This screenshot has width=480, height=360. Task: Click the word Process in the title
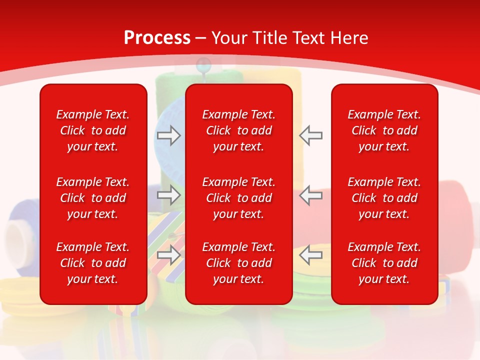pos(157,38)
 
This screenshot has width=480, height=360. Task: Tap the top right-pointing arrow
pos(169,135)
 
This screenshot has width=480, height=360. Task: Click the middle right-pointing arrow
pos(169,195)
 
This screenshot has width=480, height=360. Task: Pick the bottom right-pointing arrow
pos(169,254)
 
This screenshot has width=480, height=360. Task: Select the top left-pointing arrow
pos(311,135)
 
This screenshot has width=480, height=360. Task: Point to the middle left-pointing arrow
pos(311,195)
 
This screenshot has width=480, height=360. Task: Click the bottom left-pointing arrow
pos(311,254)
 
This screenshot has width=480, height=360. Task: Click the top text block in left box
pos(93,130)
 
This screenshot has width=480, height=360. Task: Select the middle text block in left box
pos(93,198)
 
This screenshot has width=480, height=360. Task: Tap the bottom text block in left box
pos(93,263)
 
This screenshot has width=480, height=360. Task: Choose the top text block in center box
pos(238,130)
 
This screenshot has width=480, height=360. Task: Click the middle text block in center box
pos(238,198)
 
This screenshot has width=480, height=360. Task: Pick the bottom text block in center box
pos(238,263)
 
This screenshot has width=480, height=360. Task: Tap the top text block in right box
pos(384,130)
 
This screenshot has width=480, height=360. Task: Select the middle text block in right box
pos(384,198)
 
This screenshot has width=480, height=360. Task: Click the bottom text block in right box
pos(384,263)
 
